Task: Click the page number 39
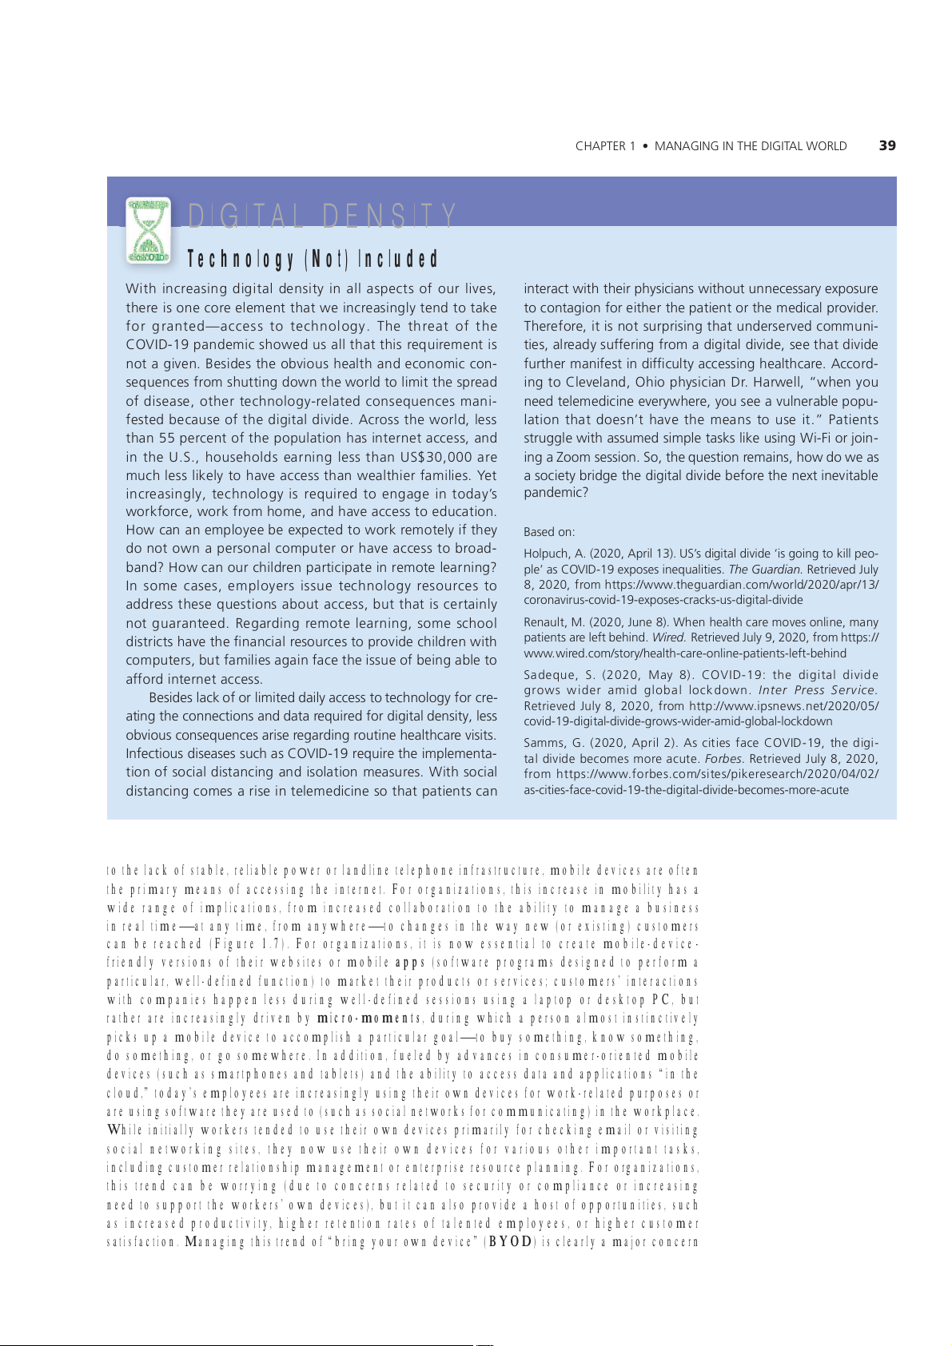coord(886,145)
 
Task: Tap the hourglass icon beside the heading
coord(149,231)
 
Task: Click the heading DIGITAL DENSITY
coord(321,216)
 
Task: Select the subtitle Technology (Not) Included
coord(313,259)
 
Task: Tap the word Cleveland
coord(598,382)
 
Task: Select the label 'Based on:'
coord(549,532)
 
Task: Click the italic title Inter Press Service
coord(817,690)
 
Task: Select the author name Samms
coord(544,743)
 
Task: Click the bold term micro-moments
coord(368,1018)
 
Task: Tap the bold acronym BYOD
coord(510,1242)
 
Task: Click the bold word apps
coord(410,963)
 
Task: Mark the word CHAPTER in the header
coord(600,146)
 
